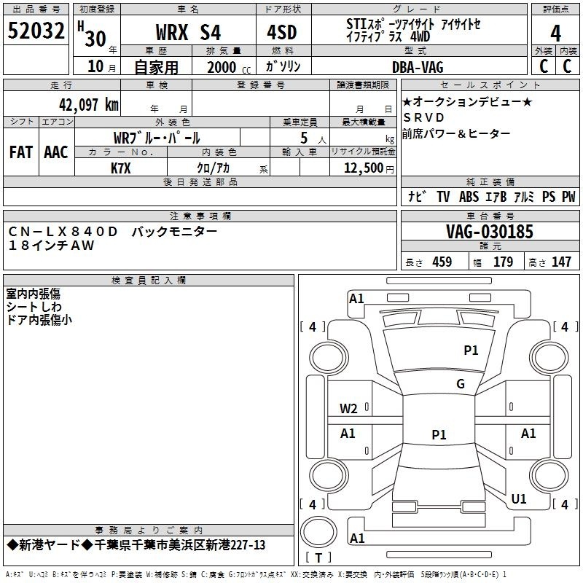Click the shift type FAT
pyautogui.click(x=21, y=152)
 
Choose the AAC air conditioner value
pyautogui.click(x=56, y=152)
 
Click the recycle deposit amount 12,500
pyautogui.click(x=362, y=168)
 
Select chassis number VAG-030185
pyautogui.click(x=489, y=232)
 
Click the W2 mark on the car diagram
pyautogui.click(x=348, y=408)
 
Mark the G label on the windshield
pyautogui.click(x=460, y=384)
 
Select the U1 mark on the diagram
pyautogui.click(x=519, y=499)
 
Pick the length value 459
pyautogui.click(x=442, y=262)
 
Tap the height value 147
pyautogui.click(x=561, y=262)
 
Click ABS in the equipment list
pyautogui.click(x=469, y=197)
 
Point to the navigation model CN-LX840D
pyautogui.click(x=63, y=231)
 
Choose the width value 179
pyautogui.click(x=503, y=262)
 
